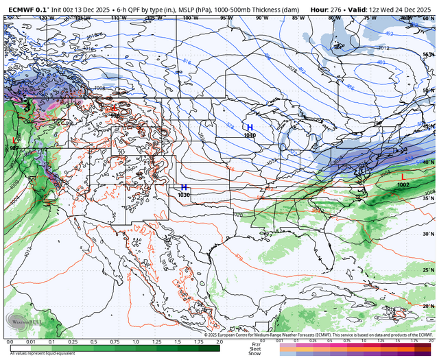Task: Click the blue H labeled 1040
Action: pyautogui.click(x=250, y=128)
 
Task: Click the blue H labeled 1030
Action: pyautogui.click(x=184, y=187)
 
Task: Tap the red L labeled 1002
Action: pyautogui.click(x=403, y=177)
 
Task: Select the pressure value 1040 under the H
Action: pyautogui.click(x=250, y=136)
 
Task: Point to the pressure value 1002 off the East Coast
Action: pyautogui.click(x=403, y=185)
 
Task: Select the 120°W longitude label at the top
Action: pyautogui.click(x=46, y=17)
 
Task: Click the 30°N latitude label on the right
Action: pyautogui.click(x=429, y=234)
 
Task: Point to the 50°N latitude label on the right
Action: pyautogui.click(x=429, y=90)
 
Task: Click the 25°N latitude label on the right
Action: pyautogui.click(x=429, y=270)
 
